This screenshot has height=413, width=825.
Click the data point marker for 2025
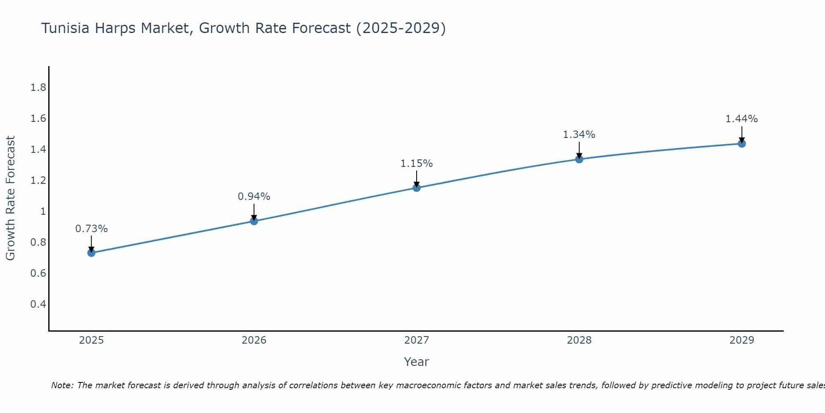pos(92,253)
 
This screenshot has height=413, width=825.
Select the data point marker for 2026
pos(254,221)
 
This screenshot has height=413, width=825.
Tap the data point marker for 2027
pos(417,188)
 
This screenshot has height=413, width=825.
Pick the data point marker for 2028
pos(579,159)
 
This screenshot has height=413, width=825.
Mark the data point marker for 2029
pos(742,144)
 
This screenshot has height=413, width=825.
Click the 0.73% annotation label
pos(92,229)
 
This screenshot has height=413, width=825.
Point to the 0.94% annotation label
pos(254,197)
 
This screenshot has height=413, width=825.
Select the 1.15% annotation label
pos(417,164)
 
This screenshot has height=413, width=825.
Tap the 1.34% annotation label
pos(579,135)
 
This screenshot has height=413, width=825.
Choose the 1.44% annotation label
pos(742,119)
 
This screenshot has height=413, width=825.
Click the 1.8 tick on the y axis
pos(38,88)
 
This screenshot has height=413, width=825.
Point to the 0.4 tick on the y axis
pos(38,304)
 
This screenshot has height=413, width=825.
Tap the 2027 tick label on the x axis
pos(417,340)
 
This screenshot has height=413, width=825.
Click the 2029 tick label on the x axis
pos(742,340)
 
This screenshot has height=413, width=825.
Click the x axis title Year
pos(417,362)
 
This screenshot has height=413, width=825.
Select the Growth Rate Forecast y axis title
pos(10,198)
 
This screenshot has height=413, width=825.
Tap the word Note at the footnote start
pos(62,385)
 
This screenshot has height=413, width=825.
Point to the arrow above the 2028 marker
pos(579,150)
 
